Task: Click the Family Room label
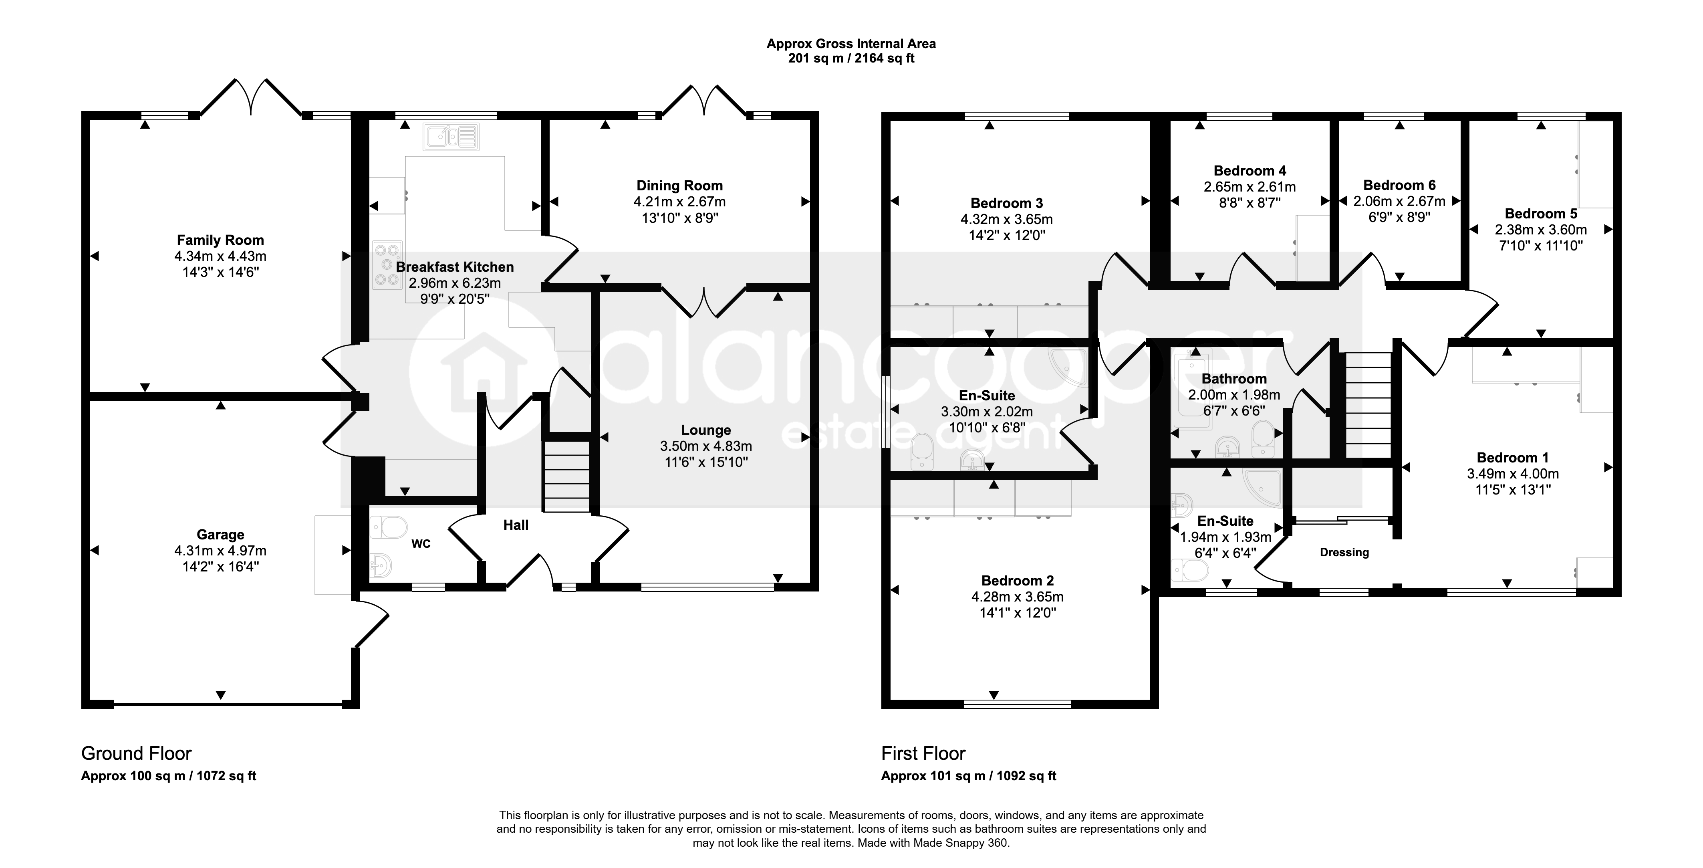(220, 240)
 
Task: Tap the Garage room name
(220, 534)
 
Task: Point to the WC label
(421, 543)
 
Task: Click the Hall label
(516, 525)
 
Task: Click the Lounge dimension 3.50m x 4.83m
(706, 446)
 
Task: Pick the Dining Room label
(679, 186)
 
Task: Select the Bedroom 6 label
(1400, 185)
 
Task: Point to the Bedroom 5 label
(1541, 214)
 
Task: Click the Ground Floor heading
(136, 754)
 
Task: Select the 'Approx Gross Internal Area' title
(851, 44)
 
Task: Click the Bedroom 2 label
(1018, 580)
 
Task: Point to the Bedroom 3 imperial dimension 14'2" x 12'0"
(1007, 235)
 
